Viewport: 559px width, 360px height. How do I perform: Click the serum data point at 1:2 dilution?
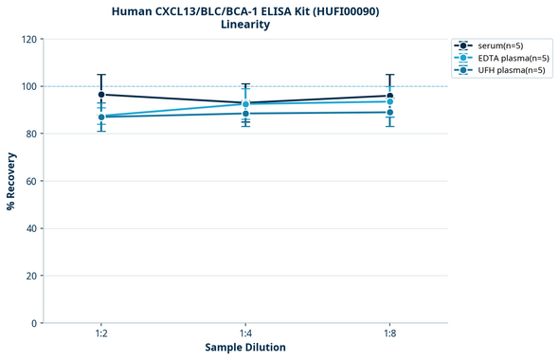pyautogui.click(x=101, y=95)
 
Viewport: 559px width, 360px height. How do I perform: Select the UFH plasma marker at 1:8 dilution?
pyautogui.click(x=390, y=112)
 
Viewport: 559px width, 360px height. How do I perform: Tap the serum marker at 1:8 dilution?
pyautogui.click(x=390, y=96)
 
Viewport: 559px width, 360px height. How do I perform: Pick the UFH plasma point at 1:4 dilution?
pyautogui.click(x=246, y=114)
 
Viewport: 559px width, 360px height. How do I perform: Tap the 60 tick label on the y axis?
pyautogui.click(x=31, y=181)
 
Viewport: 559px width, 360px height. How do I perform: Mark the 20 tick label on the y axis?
pyautogui.click(x=31, y=276)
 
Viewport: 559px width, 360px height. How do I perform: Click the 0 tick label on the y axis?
pyautogui.click(x=34, y=323)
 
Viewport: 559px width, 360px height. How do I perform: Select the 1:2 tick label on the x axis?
pyautogui.click(x=101, y=333)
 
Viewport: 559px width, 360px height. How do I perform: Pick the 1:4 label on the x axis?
pyautogui.click(x=246, y=333)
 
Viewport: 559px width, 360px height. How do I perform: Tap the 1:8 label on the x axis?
pyautogui.click(x=390, y=333)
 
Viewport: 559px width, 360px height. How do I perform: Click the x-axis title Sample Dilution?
pyautogui.click(x=245, y=348)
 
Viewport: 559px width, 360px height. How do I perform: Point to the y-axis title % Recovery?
pyautogui.click(x=11, y=181)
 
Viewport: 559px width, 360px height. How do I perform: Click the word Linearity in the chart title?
pyautogui.click(x=245, y=25)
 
